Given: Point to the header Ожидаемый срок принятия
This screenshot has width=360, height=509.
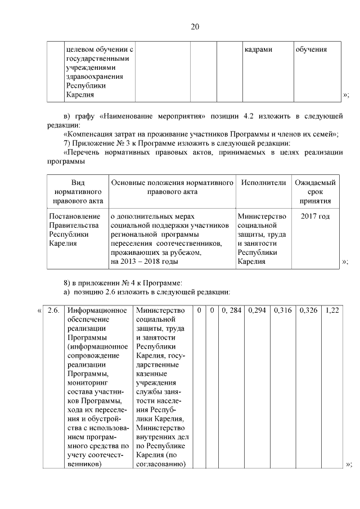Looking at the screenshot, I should click(x=316, y=192).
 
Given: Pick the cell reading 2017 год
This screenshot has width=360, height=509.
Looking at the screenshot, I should click(x=316, y=217).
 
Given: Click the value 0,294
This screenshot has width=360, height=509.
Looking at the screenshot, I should click(x=258, y=311).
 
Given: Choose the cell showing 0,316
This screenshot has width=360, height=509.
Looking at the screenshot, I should click(x=283, y=311).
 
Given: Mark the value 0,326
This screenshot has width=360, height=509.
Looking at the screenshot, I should click(x=309, y=311).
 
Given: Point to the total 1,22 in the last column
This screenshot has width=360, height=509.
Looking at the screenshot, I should click(x=332, y=311).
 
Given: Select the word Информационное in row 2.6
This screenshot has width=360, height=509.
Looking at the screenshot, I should click(x=95, y=311).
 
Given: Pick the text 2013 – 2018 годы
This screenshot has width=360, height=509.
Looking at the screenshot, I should click(x=144, y=262).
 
